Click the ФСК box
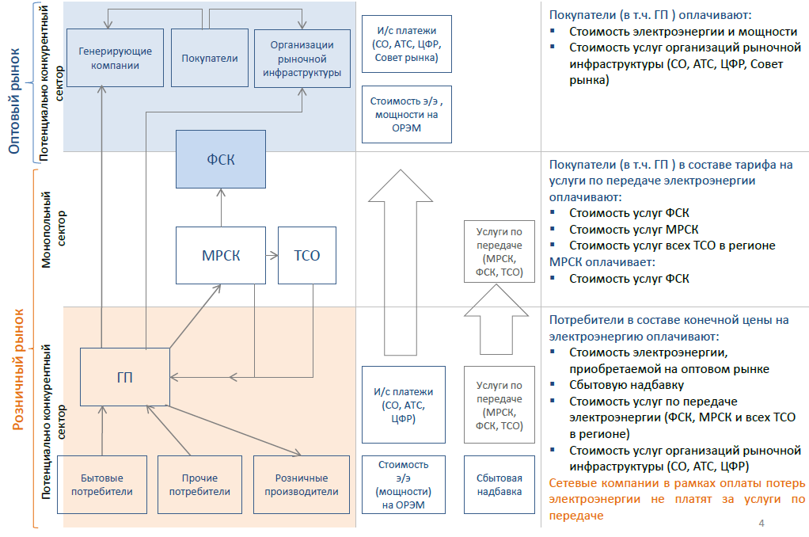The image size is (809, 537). (x=221, y=159)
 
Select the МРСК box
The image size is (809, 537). (x=220, y=255)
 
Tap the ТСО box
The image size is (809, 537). (x=306, y=255)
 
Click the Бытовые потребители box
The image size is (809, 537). (x=102, y=484)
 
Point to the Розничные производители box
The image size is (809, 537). (x=301, y=484)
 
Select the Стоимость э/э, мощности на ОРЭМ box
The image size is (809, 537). (x=407, y=114)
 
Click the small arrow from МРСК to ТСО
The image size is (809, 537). (x=271, y=255)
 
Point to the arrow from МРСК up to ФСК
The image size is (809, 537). (x=221, y=208)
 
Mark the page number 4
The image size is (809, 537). (x=762, y=524)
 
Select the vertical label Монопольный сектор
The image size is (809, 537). (x=54, y=230)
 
